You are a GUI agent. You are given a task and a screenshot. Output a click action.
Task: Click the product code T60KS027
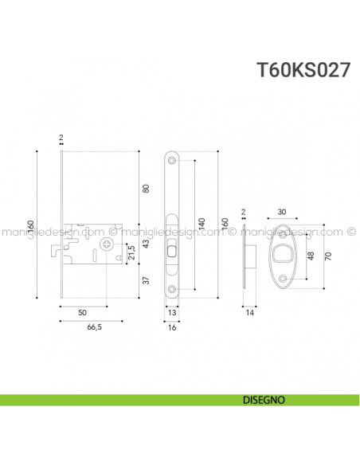303,69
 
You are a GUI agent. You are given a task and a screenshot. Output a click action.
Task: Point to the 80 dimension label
146,189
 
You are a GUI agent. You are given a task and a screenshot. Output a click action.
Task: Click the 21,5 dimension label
131,252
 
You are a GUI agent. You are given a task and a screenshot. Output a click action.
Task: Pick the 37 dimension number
145,279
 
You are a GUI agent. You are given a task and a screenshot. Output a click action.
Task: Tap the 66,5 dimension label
93,327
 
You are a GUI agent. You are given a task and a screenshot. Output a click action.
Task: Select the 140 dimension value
202,224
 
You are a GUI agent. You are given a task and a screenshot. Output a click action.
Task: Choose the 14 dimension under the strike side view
248,315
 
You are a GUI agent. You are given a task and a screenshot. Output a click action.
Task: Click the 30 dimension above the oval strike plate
283,212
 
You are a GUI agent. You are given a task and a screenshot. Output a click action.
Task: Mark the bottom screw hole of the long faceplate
173,288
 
